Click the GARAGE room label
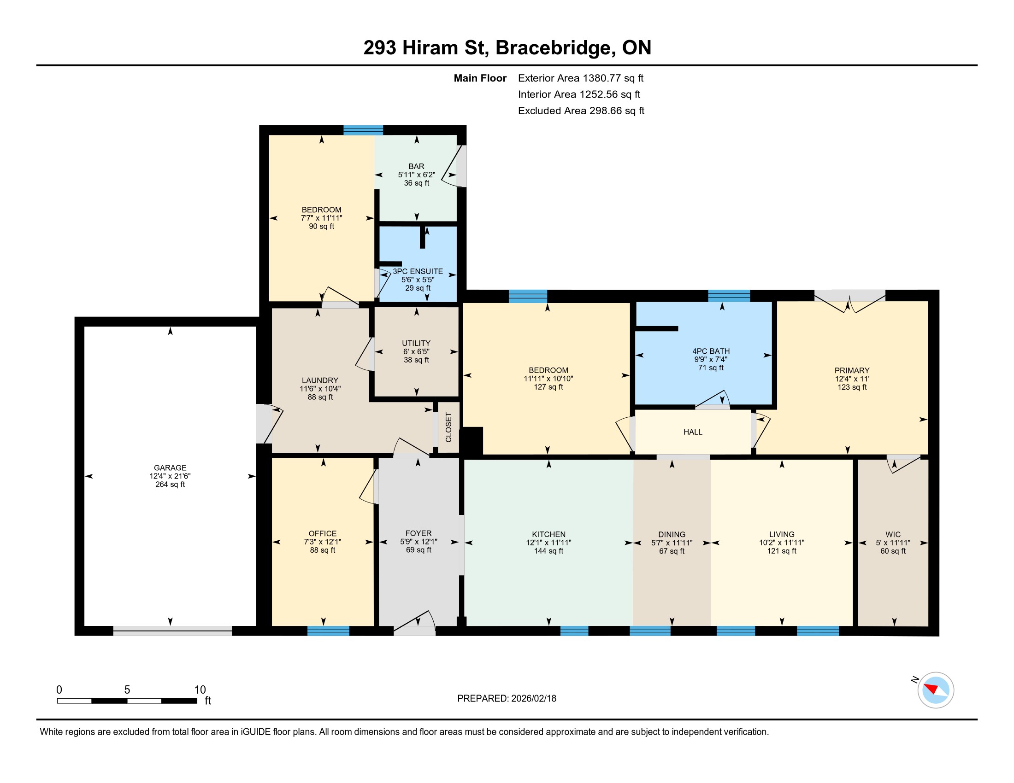point(170,467)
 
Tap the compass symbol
point(936,690)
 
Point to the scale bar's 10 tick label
point(200,690)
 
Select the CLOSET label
point(448,427)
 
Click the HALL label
point(693,432)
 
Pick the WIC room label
point(893,534)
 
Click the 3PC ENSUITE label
point(418,271)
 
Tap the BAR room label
point(417,166)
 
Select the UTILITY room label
point(416,343)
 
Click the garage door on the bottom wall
point(172,631)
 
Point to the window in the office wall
point(328,631)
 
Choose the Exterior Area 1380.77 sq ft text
point(581,78)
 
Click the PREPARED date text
point(507,698)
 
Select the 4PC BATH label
point(711,351)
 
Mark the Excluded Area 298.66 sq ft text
point(581,111)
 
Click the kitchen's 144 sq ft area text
point(548,550)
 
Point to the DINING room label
point(672,534)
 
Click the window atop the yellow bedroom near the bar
point(363,130)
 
